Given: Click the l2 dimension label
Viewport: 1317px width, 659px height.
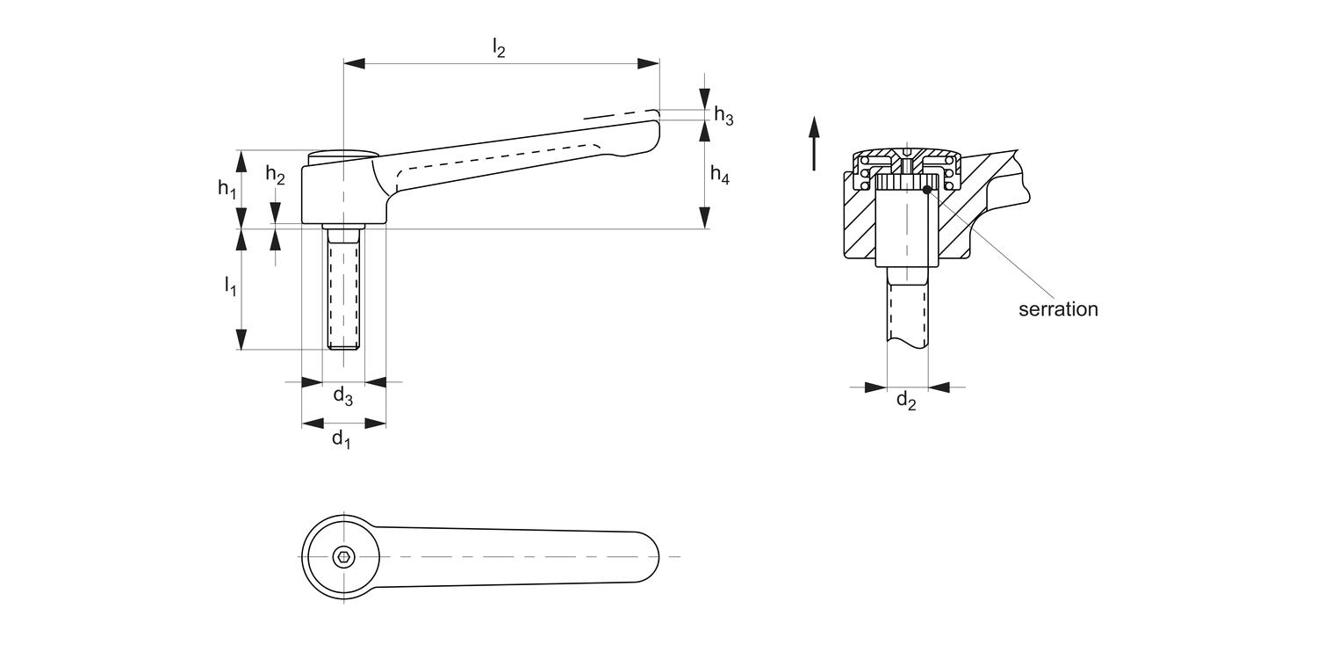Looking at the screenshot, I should (x=498, y=49).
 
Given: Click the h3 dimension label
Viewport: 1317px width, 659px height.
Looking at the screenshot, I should (x=723, y=115).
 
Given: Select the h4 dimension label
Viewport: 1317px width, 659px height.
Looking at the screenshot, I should (x=719, y=177).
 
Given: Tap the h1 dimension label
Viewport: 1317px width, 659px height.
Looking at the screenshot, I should (x=227, y=188).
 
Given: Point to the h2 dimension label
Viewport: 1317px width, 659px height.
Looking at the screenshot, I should (x=276, y=175).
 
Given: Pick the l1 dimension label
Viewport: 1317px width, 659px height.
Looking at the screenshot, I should (x=230, y=286).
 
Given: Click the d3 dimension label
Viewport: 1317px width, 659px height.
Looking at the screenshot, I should (x=342, y=397).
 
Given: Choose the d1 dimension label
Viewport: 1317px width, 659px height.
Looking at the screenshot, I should (x=342, y=438).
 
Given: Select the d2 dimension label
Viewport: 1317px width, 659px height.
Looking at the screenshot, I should (x=906, y=402).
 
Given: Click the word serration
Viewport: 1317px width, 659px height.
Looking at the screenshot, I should (x=1058, y=309).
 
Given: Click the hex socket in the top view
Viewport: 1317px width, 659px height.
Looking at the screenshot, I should (x=344, y=556).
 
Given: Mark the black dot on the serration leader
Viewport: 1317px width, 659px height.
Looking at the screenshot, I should (x=927, y=189).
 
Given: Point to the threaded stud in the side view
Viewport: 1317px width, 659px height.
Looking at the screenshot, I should (x=343, y=290).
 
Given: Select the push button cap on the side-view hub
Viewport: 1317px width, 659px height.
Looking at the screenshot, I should (x=343, y=154).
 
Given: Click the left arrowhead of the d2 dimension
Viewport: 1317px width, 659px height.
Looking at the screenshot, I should (x=875, y=387).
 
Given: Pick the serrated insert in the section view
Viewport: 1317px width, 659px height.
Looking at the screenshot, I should (x=908, y=183).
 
